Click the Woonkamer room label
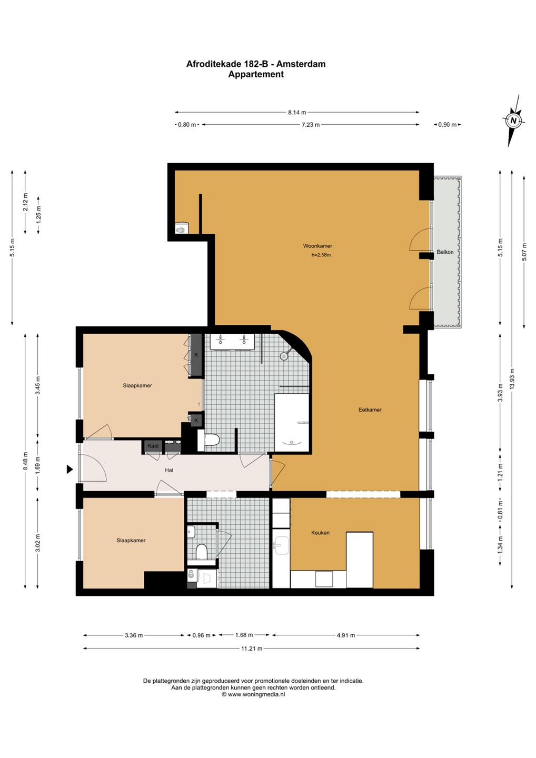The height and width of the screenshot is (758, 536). (x=317, y=246)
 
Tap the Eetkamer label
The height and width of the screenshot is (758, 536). (x=370, y=410)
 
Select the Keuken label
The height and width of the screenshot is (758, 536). (x=320, y=533)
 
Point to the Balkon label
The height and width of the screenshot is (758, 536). (x=445, y=252)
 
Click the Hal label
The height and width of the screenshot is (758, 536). (x=169, y=470)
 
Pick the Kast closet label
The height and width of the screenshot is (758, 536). (x=153, y=446)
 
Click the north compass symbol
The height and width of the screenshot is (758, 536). (x=514, y=121)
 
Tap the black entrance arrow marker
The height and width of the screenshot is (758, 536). (x=70, y=470)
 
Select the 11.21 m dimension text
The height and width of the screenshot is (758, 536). (x=251, y=649)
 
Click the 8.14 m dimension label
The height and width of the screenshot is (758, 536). (x=297, y=112)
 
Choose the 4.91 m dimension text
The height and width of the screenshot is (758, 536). (x=346, y=635)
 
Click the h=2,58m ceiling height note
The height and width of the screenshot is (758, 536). (x=321, y=255)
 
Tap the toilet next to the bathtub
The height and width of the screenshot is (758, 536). (x=209, y=440)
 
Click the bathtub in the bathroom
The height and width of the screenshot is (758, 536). (x=292, y=422)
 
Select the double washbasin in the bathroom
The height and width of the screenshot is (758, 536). (x=232, y=342)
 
